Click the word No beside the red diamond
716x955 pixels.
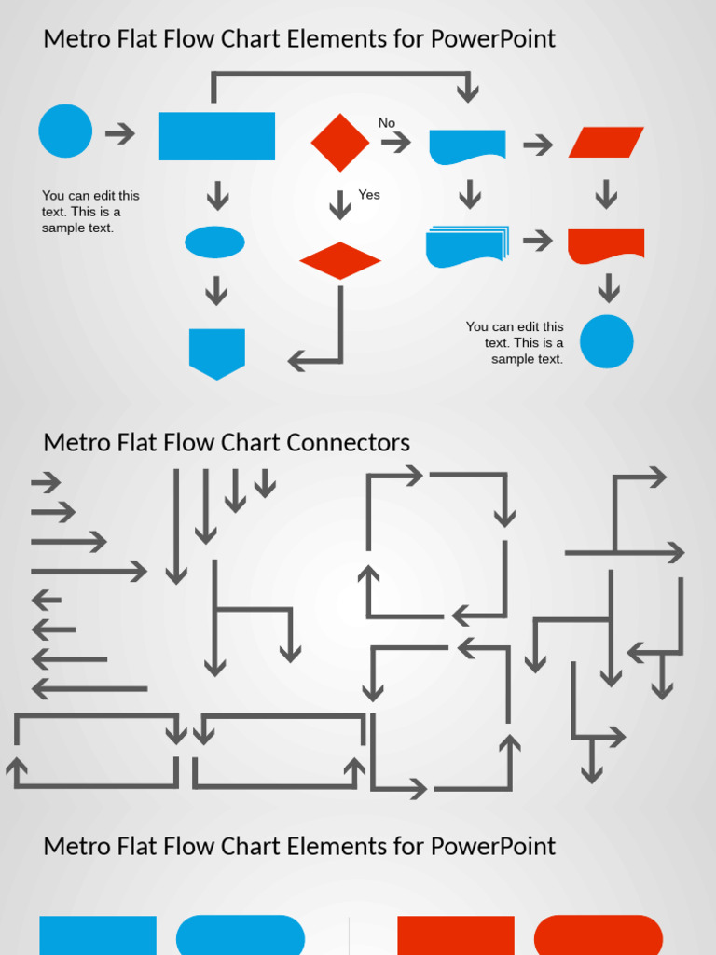[386, 123]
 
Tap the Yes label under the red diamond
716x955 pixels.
[369, 195]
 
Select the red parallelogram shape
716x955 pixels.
[606, 143]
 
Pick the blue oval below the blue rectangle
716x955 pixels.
[214, 242]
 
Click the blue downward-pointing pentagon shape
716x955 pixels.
[217, 353]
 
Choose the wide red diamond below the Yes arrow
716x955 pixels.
[340, 261]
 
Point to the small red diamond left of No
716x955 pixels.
[340, 143]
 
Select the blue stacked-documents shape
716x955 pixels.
[466, 246]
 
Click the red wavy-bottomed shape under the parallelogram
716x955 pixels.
[606, 245]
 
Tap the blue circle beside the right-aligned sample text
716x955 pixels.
[607, 341]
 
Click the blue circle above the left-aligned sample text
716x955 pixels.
[65, 131]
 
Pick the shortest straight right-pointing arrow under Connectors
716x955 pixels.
[46, 483]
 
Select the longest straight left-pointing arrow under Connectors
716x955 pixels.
[89, 689]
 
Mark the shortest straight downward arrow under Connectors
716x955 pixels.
[266, 482]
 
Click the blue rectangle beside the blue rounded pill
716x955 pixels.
[98, 934]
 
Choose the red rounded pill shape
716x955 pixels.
[599, 934]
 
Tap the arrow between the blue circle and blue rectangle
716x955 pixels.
[120, 133]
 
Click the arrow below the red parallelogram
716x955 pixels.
[607, 194]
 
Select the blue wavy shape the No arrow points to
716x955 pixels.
[467, 146]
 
